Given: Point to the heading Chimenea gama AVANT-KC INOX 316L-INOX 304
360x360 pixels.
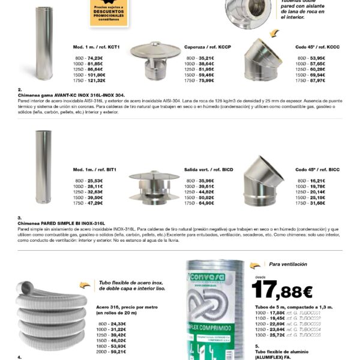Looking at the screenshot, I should [73, 95].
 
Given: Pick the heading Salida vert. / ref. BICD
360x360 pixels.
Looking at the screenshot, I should [208, 170].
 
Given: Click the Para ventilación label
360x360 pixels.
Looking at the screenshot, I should [288, 264].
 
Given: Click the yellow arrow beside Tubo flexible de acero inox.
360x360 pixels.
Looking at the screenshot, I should [86, 285].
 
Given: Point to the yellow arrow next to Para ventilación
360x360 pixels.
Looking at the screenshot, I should [256, 265].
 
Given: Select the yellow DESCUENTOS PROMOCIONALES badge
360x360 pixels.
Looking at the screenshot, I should [110, 13].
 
